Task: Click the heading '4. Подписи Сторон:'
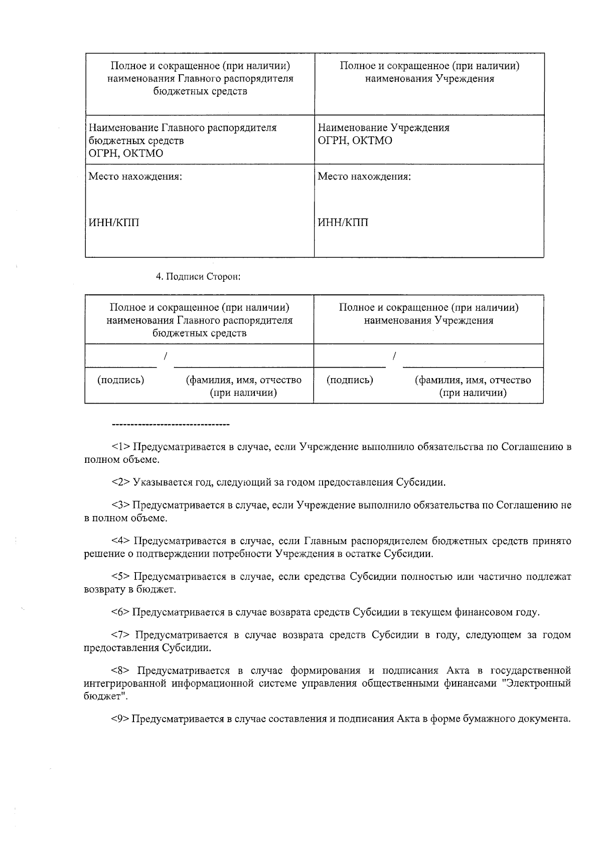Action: click(x=198, y=277)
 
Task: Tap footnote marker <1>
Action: click(x=121, y=447)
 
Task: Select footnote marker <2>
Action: click(x=121, y=482)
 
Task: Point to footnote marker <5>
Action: click(x=121, y=577)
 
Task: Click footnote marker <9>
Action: click(x=121, y=719)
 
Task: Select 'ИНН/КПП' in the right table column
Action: click(x=343, y=223)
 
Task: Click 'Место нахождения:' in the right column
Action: click(x=365, y=177)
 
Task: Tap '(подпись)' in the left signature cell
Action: click(x=120, y=380)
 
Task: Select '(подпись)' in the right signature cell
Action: click(x=350, y=380)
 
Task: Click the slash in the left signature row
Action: click(x=165, y=356)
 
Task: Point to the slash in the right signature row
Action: click(x=395, y=356)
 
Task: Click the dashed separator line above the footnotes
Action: click(x=171, y=425)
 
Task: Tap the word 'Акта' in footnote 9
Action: click(x=408, y=719)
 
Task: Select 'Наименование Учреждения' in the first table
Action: click(x=384, y=128)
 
